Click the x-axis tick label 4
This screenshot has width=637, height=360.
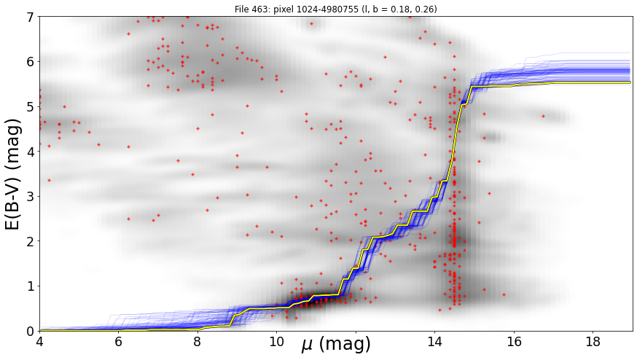click(39, 342)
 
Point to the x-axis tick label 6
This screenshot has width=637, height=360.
click(119, 342)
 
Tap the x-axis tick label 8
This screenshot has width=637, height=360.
click(198, 342)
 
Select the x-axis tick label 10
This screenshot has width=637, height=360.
click(277, 342)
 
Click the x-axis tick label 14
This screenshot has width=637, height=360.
click(434, 342)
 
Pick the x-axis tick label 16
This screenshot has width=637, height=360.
click(514, 342)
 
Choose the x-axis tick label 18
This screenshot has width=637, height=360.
click(593, 342)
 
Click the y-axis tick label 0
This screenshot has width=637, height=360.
click(30, 331)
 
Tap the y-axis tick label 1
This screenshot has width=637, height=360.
click(30, 286)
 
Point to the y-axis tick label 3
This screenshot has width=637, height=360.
click(30, 196)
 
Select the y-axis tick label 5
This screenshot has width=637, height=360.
click(30, 107)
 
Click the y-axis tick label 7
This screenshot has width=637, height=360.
click(30, 17)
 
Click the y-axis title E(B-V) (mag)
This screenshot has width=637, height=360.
click(13, 174)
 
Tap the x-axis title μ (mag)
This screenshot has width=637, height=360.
click(336, 345)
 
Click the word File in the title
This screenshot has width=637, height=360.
click(241, 9)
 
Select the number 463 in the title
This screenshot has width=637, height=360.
click(257, 9)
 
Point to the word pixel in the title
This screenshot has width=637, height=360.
click(275, 9)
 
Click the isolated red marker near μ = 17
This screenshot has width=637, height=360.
click(543, 116)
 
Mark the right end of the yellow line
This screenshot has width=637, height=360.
click(630, 82)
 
